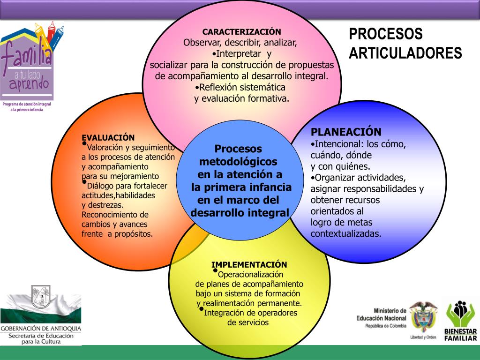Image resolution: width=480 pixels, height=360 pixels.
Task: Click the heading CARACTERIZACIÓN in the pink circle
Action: pos(241,32)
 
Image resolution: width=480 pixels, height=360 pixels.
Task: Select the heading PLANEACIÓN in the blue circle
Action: pos(346,132)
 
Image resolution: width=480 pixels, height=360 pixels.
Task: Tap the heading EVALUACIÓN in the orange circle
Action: pos(108,137)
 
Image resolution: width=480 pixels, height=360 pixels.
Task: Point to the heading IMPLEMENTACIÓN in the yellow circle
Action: pos(249,264)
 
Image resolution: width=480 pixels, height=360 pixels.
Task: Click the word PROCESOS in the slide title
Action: pos(386,34)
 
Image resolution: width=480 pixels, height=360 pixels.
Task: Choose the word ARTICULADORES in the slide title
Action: pos(405,52)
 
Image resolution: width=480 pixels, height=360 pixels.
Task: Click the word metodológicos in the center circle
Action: pos(239,162)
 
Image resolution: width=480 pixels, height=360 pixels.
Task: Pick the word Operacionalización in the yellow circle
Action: pos(251,274)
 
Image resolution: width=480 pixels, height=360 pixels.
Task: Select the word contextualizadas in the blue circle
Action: pos(346,233)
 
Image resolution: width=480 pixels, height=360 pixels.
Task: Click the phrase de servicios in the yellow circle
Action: pos(248,322)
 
